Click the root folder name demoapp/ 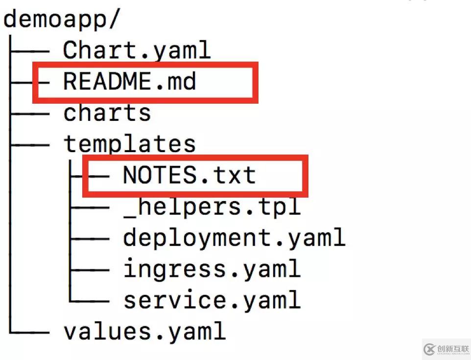coord(61,20)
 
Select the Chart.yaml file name coord(137,50)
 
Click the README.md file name coord(129,81)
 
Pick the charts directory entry coord(107,113)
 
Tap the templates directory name coord(129,144)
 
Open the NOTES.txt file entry coord(189,175)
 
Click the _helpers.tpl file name coord(212,207)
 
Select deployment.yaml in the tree coord(234,238)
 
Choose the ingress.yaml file coord(212,269)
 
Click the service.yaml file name coord(212,300)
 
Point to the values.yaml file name coord(144,331)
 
